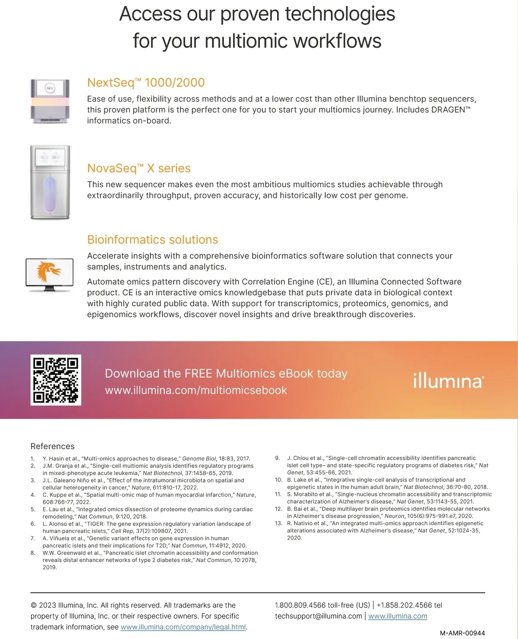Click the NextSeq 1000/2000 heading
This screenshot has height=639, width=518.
pyautogui.click(x=146, y=82)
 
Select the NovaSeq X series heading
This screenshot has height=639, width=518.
pyautogui.click(x=139, y=168)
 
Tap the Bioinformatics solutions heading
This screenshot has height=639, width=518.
pyautogui.click(x=152, y=239)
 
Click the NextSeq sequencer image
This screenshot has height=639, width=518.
pyautogui.click(x=50, y=101)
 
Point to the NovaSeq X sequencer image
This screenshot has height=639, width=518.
pyautogui.click(x=50, y=182)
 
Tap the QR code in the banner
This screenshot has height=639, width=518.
pyautogui.click(x=56, y=380)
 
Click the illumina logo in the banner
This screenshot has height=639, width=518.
pyautogui.click(x=448, y=381)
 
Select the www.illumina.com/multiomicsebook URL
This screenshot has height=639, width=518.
pyautogui.click(x=196, y=390)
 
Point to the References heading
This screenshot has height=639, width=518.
pyautogui.click(x=52, y=446)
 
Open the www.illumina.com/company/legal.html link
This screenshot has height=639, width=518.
pyautogui.click(x=183, y=627)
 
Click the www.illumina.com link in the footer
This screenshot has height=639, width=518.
pyautogui.click(x=398, y=616)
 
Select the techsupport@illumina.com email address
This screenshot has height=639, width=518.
pyautogui.click(x=319, y=616)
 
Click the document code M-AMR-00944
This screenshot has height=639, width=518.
pyautogui.click(x=462, y=633)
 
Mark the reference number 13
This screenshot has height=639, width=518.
pyautogui.click(x=278, y=523)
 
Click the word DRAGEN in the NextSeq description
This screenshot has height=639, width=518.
pyautogui.click(x=448, y=110)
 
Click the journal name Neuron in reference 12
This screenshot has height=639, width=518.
pyautogui.click(x=394, y=516)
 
